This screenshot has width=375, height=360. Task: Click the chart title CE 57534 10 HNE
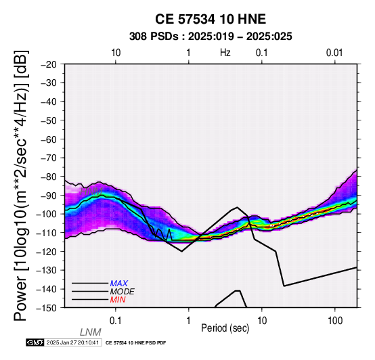pos(211,19)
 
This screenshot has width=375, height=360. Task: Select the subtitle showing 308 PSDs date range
pos(211,37)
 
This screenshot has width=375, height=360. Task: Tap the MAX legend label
pos(119,284)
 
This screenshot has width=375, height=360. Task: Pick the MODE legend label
pos(123,292)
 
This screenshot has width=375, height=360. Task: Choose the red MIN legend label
pos(118,300)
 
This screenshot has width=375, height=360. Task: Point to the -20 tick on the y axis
pos(49,64)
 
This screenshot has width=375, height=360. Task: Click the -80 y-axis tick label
pos(49,177)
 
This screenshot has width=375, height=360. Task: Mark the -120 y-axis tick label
pos(47,252)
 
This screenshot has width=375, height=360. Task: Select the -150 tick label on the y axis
pos(47,308)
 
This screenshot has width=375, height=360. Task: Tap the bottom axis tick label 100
pos(335,321)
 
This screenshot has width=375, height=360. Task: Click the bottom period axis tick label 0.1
pos(116,321)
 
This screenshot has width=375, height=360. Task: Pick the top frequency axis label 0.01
pos(334,53)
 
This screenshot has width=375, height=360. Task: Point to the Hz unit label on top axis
pos(225,53)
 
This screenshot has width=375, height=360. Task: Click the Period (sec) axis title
pos(225,328)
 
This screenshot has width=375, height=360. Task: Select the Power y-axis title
pos(21,185)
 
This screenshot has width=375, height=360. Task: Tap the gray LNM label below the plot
pos(91,332)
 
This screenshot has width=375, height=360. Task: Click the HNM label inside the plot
pos(91,192)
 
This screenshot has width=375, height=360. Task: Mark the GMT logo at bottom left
pos(35,342)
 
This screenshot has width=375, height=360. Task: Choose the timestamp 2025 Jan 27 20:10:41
pos(72,342)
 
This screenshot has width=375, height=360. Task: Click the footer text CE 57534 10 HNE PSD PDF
pos(135,343)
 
